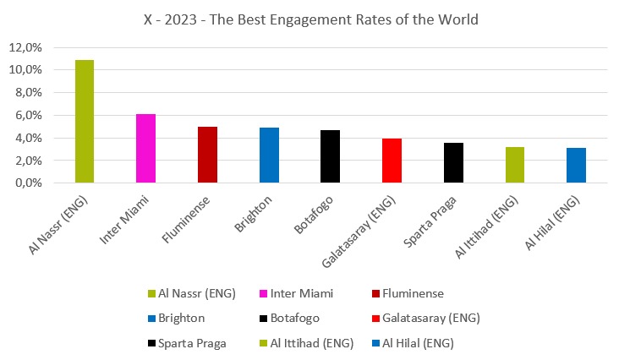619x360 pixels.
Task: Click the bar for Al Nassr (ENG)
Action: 85,122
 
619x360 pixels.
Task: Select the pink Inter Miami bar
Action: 145,149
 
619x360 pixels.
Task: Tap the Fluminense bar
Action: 207,155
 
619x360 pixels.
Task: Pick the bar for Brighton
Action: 269,155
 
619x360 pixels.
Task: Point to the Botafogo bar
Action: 331,156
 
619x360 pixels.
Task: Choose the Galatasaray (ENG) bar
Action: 392,161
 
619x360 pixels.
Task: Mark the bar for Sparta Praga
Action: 453,163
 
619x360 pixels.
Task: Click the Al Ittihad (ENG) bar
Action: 515,165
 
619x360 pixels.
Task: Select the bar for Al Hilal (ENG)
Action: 576,166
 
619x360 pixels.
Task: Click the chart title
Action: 309,19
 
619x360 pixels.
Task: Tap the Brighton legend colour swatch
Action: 151,319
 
